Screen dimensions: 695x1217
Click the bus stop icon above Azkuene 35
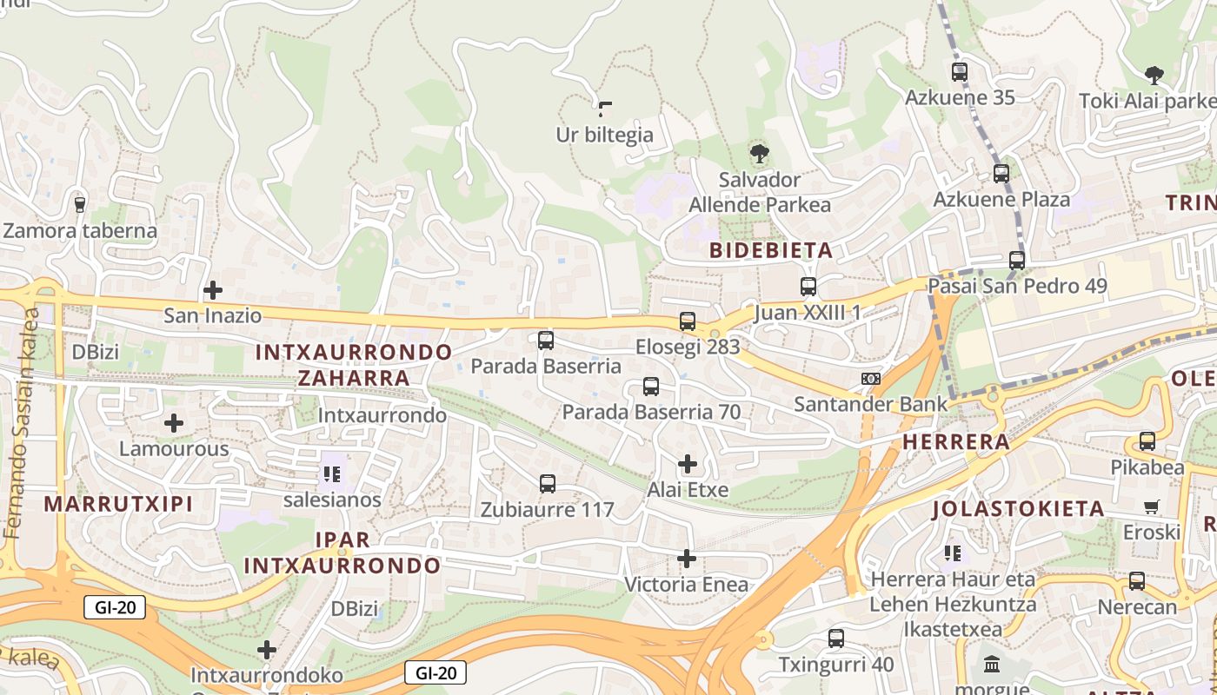[960, 72]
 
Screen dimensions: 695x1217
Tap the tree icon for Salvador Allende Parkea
[760, 155]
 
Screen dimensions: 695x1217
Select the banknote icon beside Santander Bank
[871, 378]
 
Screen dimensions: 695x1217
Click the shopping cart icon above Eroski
[1152, 506]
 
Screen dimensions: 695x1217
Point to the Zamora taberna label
[80, 231]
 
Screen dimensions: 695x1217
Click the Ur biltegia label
[604, 135]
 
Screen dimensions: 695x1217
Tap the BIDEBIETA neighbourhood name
[771, 251]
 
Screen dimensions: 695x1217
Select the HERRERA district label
[956, 442]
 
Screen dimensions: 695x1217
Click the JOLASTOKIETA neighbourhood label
[1018, 508]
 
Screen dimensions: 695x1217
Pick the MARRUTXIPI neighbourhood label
[118, 504]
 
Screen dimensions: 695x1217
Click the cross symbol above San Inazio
[213, 289]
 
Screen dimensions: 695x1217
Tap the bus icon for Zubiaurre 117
[548, 484]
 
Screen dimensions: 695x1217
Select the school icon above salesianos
[331, 474]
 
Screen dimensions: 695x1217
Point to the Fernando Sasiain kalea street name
[22, 421]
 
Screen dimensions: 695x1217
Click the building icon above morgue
[992, 665]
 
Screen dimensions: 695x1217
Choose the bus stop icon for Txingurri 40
[836, 639]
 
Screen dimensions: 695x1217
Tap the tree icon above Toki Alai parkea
[1154, 75]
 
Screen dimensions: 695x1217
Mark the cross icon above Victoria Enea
[687, 558]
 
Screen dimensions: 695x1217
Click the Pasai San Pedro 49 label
[1017, 286]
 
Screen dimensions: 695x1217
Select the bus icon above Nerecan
[1137, 581]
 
